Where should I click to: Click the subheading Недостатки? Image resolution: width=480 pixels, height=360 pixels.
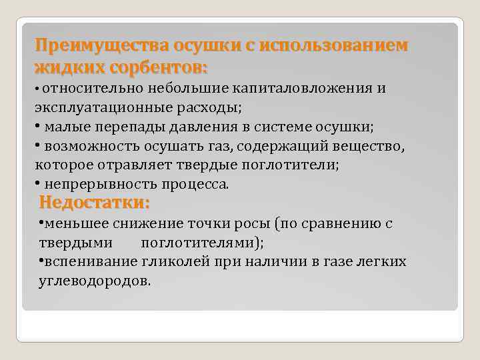point(94,202)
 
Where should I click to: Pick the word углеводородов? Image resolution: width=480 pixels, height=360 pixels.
point(95,280)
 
